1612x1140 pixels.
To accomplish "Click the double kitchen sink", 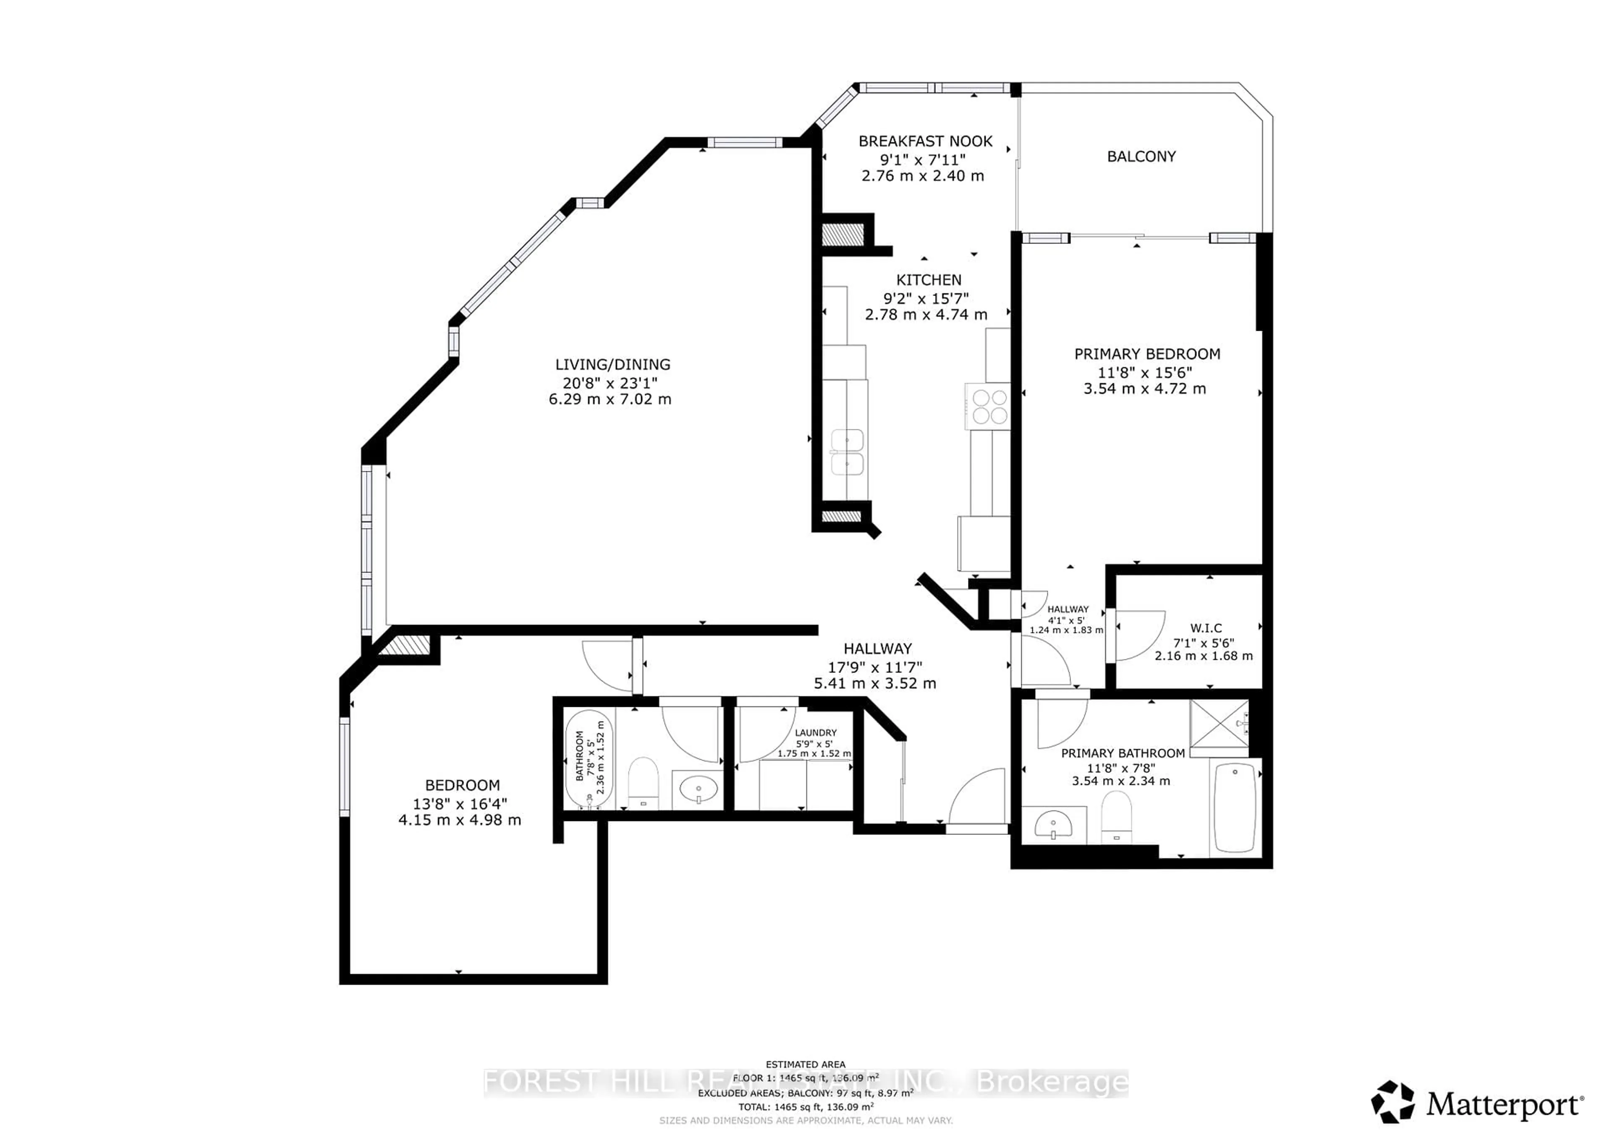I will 847,453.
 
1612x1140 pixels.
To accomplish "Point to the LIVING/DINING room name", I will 612,364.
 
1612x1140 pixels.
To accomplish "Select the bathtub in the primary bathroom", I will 1234,807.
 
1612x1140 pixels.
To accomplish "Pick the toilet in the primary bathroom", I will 1116,815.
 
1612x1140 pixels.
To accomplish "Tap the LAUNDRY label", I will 815,732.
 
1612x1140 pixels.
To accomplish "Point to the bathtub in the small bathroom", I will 589,760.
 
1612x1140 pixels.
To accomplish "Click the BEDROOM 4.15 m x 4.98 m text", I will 460,820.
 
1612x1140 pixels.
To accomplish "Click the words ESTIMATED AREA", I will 805,1064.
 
